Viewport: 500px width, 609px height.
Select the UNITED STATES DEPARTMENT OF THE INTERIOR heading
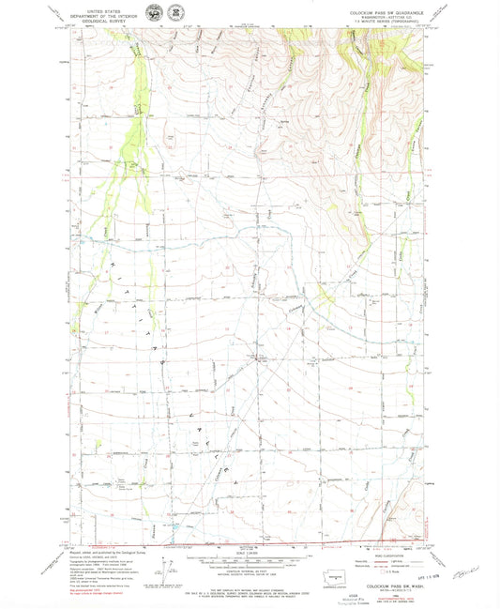106,10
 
